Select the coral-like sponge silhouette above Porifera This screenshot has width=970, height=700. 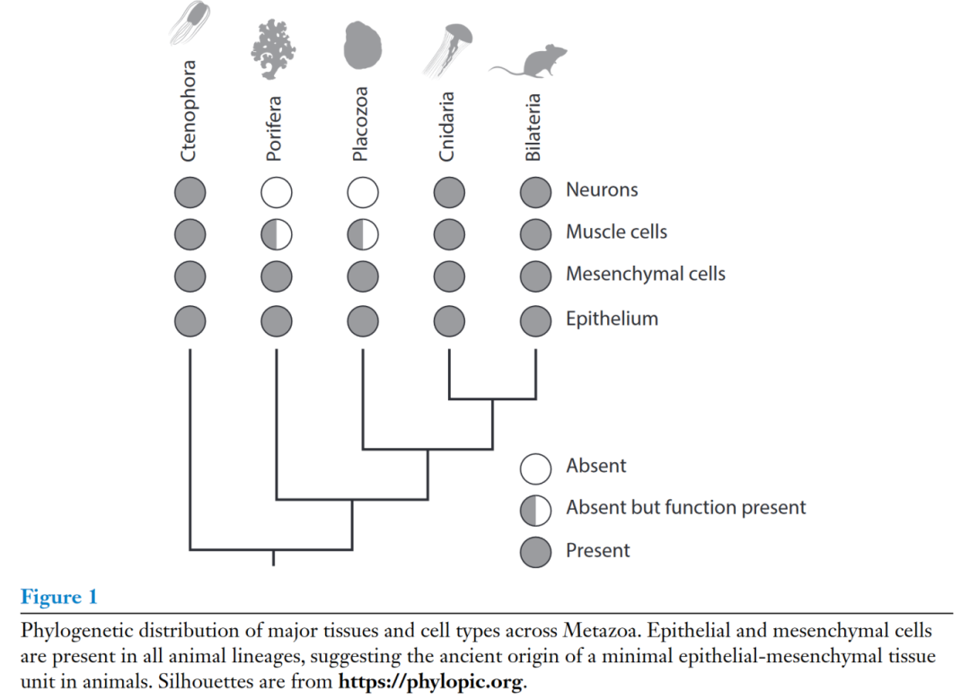pos(273,49)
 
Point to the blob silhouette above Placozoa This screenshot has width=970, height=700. pos(363,45)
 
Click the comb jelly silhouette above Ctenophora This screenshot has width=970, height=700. pos(190,22)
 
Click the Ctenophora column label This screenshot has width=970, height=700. pos(189,110)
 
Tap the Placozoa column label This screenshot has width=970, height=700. pos(360,124)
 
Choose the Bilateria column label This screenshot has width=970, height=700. pos(533,127)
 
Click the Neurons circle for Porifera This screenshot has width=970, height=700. pos(277,192)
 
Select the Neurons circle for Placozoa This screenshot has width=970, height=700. pos(363,192)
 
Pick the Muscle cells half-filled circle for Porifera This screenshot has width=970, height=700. pos(277,234)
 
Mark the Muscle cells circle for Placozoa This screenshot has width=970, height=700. pos(363,234)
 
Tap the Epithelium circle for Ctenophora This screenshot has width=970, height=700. pos(190,321)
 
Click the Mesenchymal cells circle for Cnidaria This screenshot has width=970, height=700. pos(449,276)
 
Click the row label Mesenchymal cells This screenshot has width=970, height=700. pos(645,274)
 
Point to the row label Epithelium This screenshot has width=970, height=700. pos(612,319)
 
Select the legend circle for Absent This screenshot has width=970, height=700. pos(535,468)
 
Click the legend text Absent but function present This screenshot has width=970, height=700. pos(685,508)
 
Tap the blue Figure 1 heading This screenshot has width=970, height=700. pos(58,597)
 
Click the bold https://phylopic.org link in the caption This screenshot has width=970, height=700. pos(430,681)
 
